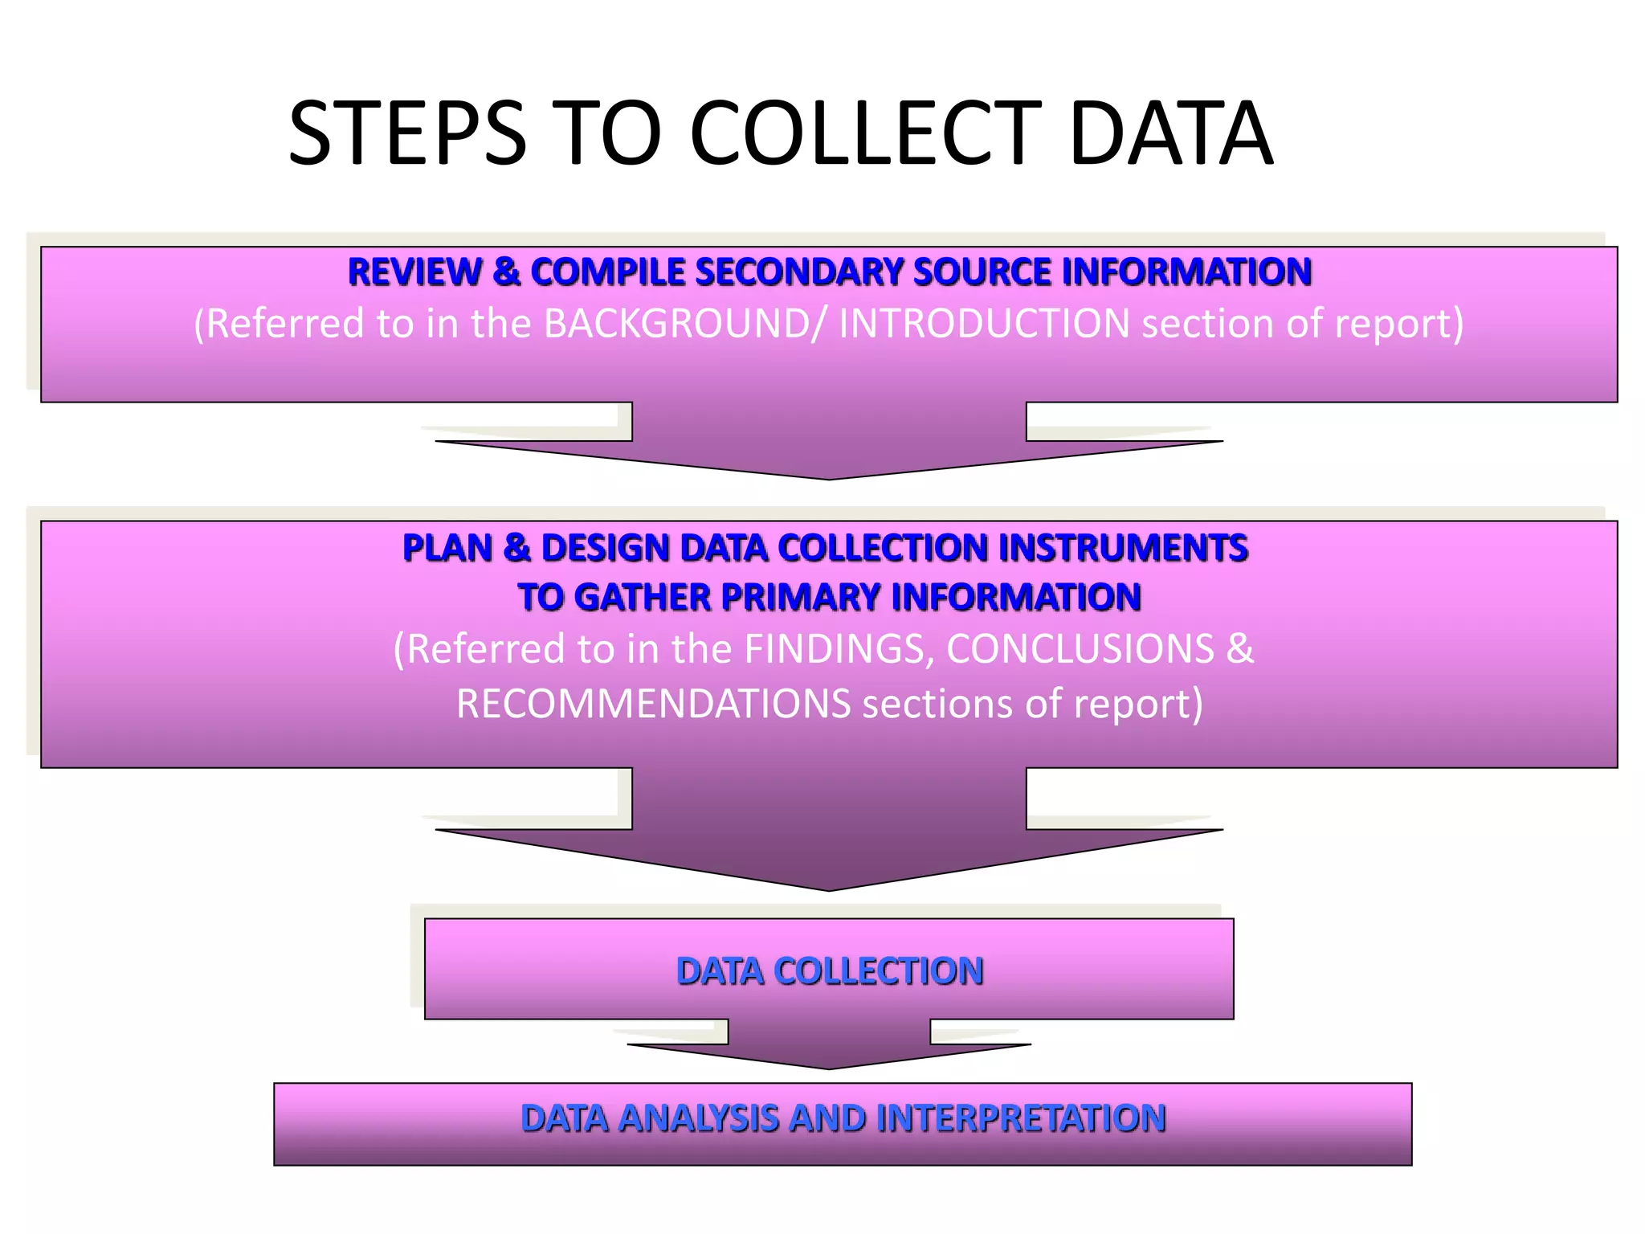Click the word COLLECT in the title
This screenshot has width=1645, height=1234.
click(865, 133)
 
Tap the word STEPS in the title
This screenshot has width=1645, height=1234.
click(407, 133)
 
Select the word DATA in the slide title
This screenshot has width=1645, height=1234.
click(1171, 133)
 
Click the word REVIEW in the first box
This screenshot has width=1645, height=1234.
click(414, 272)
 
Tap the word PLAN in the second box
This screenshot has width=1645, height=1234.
click(447, 548)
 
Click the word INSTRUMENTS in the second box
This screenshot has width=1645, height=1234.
click(1123, 548)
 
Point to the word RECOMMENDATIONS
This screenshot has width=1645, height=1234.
click(653, 704)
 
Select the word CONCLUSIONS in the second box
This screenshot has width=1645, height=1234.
click(1080, 649)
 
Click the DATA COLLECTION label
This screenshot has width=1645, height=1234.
click(830, 971)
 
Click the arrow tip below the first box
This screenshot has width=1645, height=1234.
click(829, 476)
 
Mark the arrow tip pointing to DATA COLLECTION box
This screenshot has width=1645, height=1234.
click(829, 886)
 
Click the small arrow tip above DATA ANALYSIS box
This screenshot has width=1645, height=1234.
click(829, 1066)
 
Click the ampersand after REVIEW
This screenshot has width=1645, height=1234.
click(506, 272)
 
